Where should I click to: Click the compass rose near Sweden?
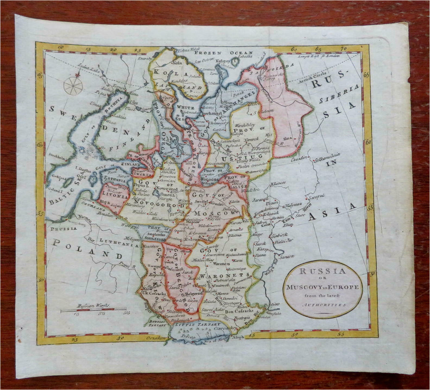pos(73,85)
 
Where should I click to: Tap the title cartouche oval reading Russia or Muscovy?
pos(322,289)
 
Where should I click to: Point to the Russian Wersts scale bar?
pos(93,309)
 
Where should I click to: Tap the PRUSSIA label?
pos(63,229)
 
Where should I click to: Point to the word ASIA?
pos(333,212)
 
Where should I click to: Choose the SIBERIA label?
pos(339,94)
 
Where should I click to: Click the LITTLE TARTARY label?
pos(191,325)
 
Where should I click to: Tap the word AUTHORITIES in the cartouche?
pos(322,305)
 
